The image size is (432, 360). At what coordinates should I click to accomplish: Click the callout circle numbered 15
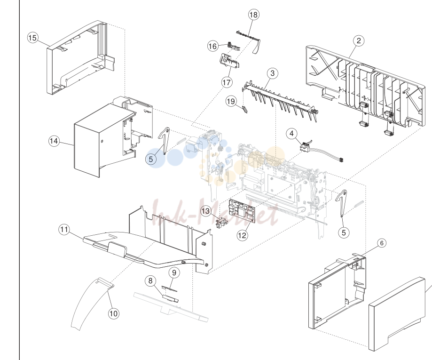coord(32,38)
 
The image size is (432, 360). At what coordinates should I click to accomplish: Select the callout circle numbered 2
coord(359,41)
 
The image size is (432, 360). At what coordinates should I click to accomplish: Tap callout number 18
coord(253,15)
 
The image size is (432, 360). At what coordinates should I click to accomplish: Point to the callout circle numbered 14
coord(54,141)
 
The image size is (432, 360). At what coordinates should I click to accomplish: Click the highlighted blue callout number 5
coord(151,159)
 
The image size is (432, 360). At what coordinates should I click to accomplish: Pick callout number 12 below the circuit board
coord(242,235)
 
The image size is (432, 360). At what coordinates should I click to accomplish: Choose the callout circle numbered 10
coord(113,313)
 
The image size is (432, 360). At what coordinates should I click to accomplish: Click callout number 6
coord(382,243)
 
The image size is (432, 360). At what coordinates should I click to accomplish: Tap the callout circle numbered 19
coord(231,101)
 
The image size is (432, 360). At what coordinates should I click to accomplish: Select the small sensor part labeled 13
coord(220,222)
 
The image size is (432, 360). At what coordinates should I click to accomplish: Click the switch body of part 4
coord(305,146)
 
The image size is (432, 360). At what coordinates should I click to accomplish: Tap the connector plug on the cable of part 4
coord(341,160)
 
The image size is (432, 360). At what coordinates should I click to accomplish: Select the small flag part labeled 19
coord(244,109)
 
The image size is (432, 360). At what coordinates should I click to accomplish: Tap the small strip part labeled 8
coord(171,298)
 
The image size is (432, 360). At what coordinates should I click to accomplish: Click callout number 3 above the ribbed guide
coord(273,73)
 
